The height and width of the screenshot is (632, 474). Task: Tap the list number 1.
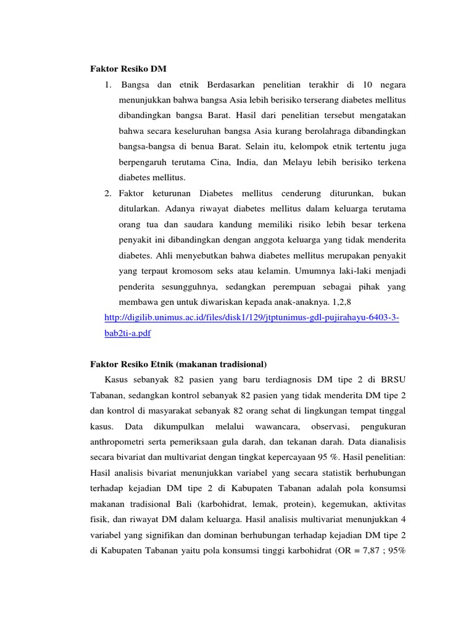click(x=107, y=83)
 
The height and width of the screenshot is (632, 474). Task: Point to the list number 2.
click(x=107, y=193)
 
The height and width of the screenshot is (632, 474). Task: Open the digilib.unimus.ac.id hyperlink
click(x=252, y=318)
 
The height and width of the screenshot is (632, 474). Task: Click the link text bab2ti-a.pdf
click(x=128, y=333)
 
